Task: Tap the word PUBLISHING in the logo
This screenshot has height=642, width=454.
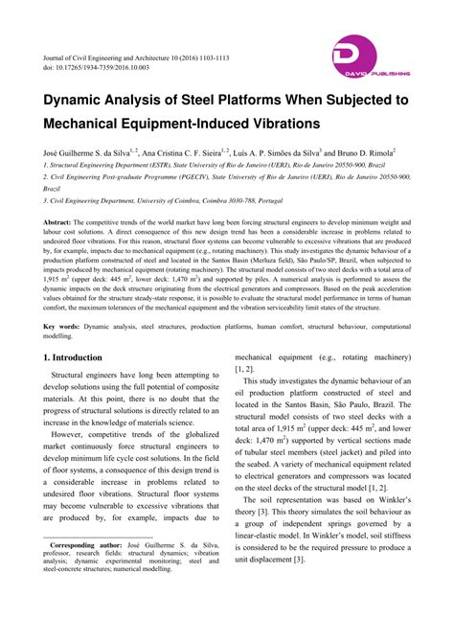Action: tap(390, 73)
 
